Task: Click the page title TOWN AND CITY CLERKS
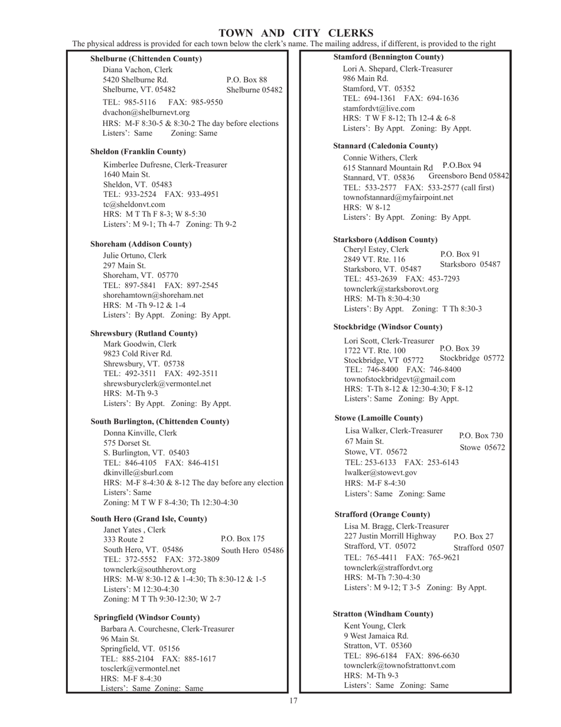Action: [296, 33]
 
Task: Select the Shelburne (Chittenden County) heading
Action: [146, 59]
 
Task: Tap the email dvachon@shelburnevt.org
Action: [146, 112]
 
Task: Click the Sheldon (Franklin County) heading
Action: [138, 151]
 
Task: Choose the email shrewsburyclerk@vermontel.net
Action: [157, 384]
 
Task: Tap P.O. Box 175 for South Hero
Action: [243, 538]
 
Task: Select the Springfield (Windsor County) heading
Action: [146, 617]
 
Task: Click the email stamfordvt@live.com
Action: [379, 108]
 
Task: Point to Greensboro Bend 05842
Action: [468, 176]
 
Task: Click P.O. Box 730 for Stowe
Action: [481, 435]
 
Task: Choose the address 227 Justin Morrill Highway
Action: [390, 535]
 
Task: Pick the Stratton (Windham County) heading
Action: [383, 614]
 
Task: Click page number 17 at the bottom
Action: [293, 701]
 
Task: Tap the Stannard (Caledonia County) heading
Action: [386, 145]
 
